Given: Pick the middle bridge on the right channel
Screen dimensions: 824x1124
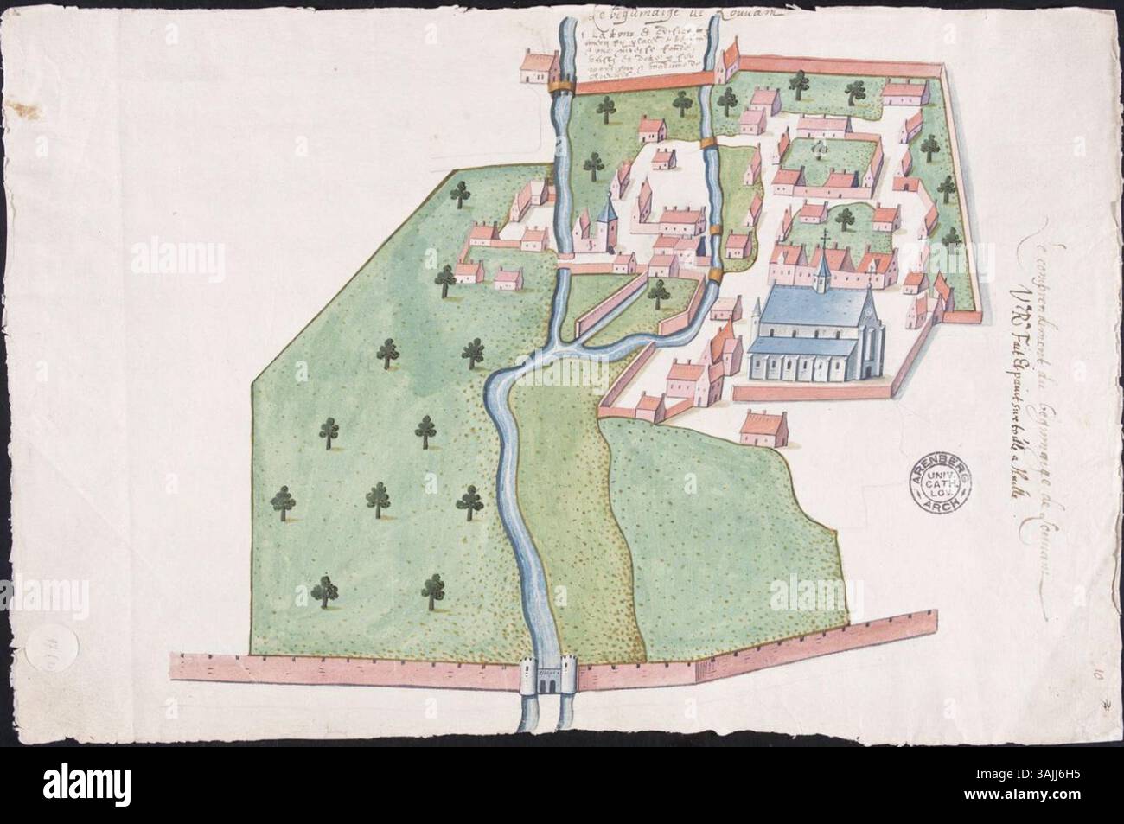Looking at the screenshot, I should tap(714, 229).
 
